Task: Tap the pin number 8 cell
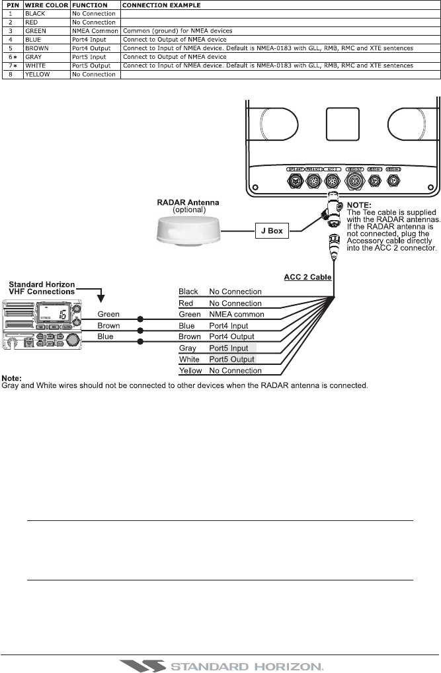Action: tap(11, 74)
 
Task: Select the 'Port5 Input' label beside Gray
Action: tap(229, 348)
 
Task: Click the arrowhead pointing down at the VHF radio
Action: tap(101, 289)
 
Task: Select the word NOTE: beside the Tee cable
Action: tap(361, 187)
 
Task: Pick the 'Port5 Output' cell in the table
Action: tap(97, 65)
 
